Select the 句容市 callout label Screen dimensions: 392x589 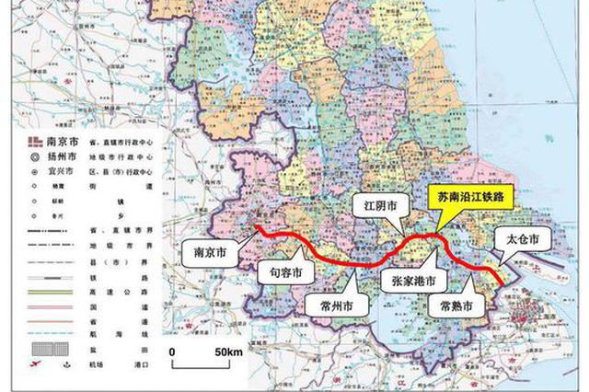(x=284, y=271)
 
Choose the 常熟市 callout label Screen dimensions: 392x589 (x=457, y=305)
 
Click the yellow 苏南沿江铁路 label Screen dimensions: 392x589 (x=475, y=197)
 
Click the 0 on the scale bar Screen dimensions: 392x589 (x=172, y=353)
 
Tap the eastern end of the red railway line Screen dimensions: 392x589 (x=502, y=280)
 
